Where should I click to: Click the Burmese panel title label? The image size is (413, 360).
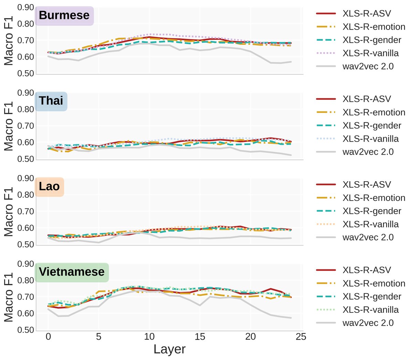tap(64, 15)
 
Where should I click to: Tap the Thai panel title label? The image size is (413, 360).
tap(51, 101)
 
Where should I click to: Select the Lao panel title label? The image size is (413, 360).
tap(49, 186)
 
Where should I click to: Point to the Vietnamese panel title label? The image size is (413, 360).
tap(72, 272)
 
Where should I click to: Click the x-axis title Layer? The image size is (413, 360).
tap(169, 349)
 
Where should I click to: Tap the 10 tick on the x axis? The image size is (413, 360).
tap(149, 337)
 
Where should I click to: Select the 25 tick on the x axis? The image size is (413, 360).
tap(301, 337)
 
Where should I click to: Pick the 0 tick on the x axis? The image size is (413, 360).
tap(48, 337)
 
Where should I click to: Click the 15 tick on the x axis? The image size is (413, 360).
tap(200, 337)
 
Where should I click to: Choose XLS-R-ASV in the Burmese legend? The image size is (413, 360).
tap(367, 13)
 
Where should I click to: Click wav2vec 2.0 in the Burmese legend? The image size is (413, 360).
tap(368, 66)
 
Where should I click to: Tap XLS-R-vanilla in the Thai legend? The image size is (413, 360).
tap(371, 139)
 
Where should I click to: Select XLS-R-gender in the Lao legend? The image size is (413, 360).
tap(372, 211)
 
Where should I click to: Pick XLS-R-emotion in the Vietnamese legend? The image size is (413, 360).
tap(374, 284)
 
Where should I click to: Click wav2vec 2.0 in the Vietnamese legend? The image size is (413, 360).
tap(368, 323)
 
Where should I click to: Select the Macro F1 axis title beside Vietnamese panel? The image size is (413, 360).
tap(9, 297)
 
